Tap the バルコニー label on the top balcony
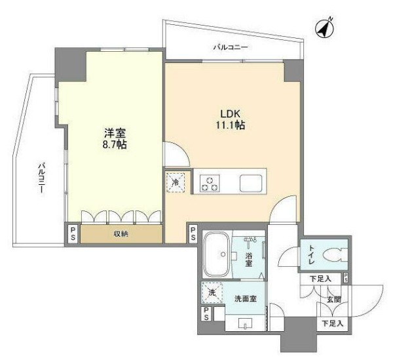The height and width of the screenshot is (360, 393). pyautogui.click(x=230, y=47)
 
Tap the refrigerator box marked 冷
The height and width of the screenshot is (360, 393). pyautogui.click(x=176, y=182)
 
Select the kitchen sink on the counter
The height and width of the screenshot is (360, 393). pyautogui.click(x=252, y=182)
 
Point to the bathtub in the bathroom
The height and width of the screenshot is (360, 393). pyautogui.click(x=215, y=254)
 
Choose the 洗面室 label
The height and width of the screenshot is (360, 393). pyautogui.click(x=246, y=299)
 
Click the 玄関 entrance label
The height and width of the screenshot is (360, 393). pyautogui.click(x=333, y=300)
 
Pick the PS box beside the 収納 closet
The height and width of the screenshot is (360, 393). pyautogui.click(x=73, y=235)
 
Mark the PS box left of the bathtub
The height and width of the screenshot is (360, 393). pyautogui.click(x=194, y=235)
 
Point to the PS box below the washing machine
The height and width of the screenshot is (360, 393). pyautogui.click(x=207, y=313)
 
